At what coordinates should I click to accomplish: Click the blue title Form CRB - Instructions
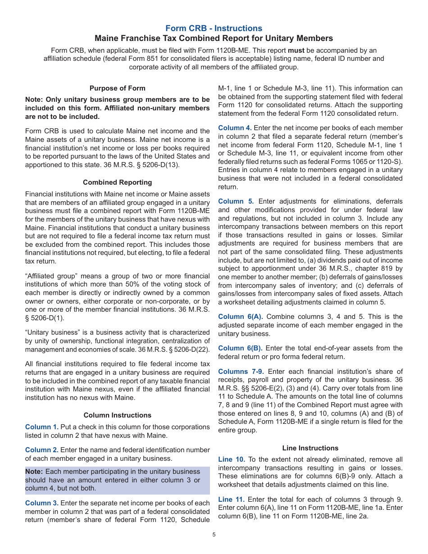pyautogui.click(x=214, y=28)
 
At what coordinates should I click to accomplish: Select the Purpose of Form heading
pyautogui.click(x=117, y=88)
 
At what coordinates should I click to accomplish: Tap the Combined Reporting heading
pyautogui.click(x=117, y=182)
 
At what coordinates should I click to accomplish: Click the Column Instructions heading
pyautogui.click(x=117, y=415)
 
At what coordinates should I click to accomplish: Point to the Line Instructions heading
pyautogui.click(x=310, y=448)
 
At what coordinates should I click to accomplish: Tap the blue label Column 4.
pyautogui.click(x=235, y=128)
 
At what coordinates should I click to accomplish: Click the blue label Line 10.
pyautogui.click(x=232, y=459)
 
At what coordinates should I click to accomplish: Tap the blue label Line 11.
pyautogui.click(x=232, y=500)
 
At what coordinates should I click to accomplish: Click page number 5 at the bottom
pyautogui.click(x=214, y=535)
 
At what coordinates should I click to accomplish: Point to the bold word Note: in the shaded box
pyautogui.click(x=34, y=472)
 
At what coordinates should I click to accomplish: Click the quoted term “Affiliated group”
pyautogui.click(x=50, y=276)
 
